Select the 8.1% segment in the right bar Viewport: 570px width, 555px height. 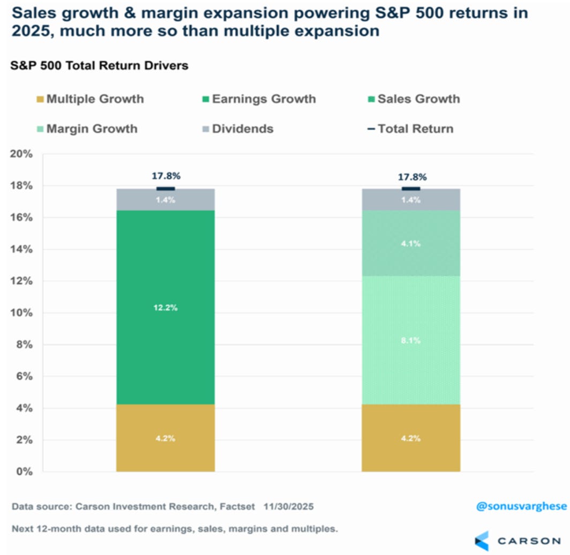411,340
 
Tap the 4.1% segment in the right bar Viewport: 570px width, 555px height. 411,243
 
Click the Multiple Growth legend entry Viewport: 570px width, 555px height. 90,99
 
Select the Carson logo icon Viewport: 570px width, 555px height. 483,540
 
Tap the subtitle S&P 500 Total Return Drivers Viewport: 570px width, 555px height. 99,66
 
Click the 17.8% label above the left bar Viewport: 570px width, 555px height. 165,175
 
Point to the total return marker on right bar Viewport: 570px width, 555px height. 411,189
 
